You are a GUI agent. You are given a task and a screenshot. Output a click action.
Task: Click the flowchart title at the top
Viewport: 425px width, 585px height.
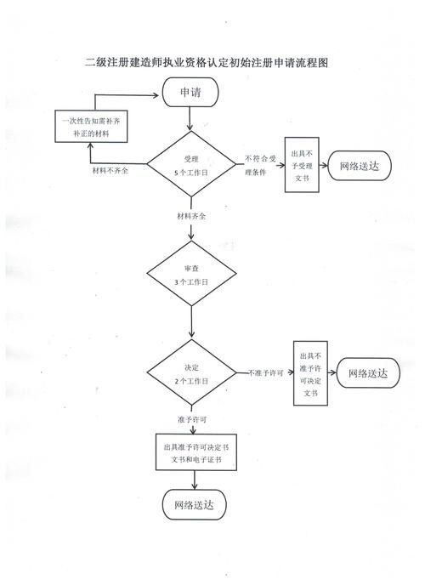point(207,62)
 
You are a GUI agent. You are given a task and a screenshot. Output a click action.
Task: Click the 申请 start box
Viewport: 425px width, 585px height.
point(190,92)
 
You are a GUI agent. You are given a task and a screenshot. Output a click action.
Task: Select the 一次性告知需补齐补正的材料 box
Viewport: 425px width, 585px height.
point(91,127)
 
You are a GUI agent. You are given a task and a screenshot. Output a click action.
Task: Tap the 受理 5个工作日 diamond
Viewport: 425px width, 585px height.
point(191,164)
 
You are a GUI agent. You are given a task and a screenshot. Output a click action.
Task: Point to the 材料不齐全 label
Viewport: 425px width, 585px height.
point(110,171)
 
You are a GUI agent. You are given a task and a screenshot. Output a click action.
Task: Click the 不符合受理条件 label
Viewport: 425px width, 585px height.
point(260,165)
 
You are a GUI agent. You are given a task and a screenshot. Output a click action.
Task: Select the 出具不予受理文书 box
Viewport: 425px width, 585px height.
point(302,165)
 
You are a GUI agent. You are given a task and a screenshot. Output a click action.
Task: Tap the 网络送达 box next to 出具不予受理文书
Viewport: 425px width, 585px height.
point(360,166)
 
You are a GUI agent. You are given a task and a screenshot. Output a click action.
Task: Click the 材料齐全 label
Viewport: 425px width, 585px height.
point(191,216)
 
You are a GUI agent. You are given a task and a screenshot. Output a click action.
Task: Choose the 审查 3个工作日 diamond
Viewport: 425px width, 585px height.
point(191,274)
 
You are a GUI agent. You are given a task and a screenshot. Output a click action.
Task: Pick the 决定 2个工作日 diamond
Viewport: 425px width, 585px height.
point(191,372)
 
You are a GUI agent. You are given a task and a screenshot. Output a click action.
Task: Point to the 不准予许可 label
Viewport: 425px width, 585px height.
point(266,372)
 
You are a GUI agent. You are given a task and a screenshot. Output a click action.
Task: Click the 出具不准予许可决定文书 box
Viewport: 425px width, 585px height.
point(310,373)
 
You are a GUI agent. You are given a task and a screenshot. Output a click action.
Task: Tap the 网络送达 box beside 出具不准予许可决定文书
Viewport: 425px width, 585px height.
point(368,373)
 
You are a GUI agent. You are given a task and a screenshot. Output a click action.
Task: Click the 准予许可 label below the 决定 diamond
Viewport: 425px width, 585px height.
point(192,420)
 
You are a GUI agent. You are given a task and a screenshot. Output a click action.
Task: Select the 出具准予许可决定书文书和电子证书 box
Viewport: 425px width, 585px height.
point(196,452)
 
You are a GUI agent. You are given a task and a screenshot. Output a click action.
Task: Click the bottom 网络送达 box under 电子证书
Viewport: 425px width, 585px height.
point(195,505)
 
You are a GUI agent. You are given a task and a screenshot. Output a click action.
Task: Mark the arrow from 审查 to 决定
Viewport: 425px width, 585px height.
point(191,322)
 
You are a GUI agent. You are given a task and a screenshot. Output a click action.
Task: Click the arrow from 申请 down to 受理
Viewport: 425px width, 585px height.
point(190,119)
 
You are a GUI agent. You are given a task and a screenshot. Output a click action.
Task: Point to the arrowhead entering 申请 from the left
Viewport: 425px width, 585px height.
point(156,95)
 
